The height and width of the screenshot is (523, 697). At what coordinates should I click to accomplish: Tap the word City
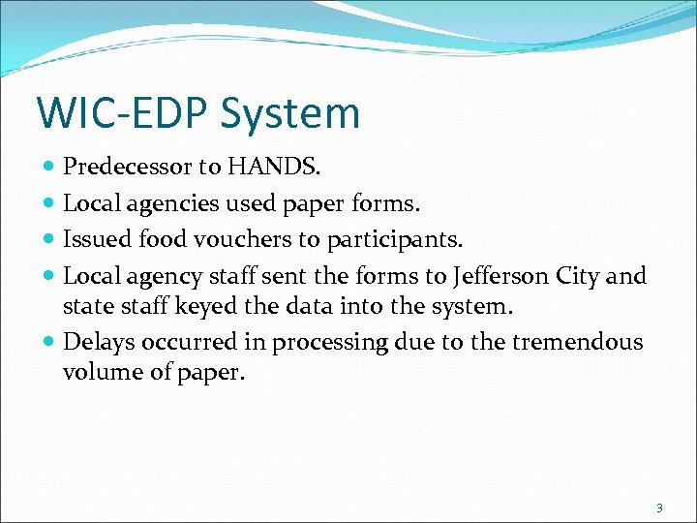[x=579, y=276]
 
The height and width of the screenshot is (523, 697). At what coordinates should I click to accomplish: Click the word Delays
[x=98, y=342]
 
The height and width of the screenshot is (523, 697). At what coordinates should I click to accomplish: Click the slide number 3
[x=659, y=508]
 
